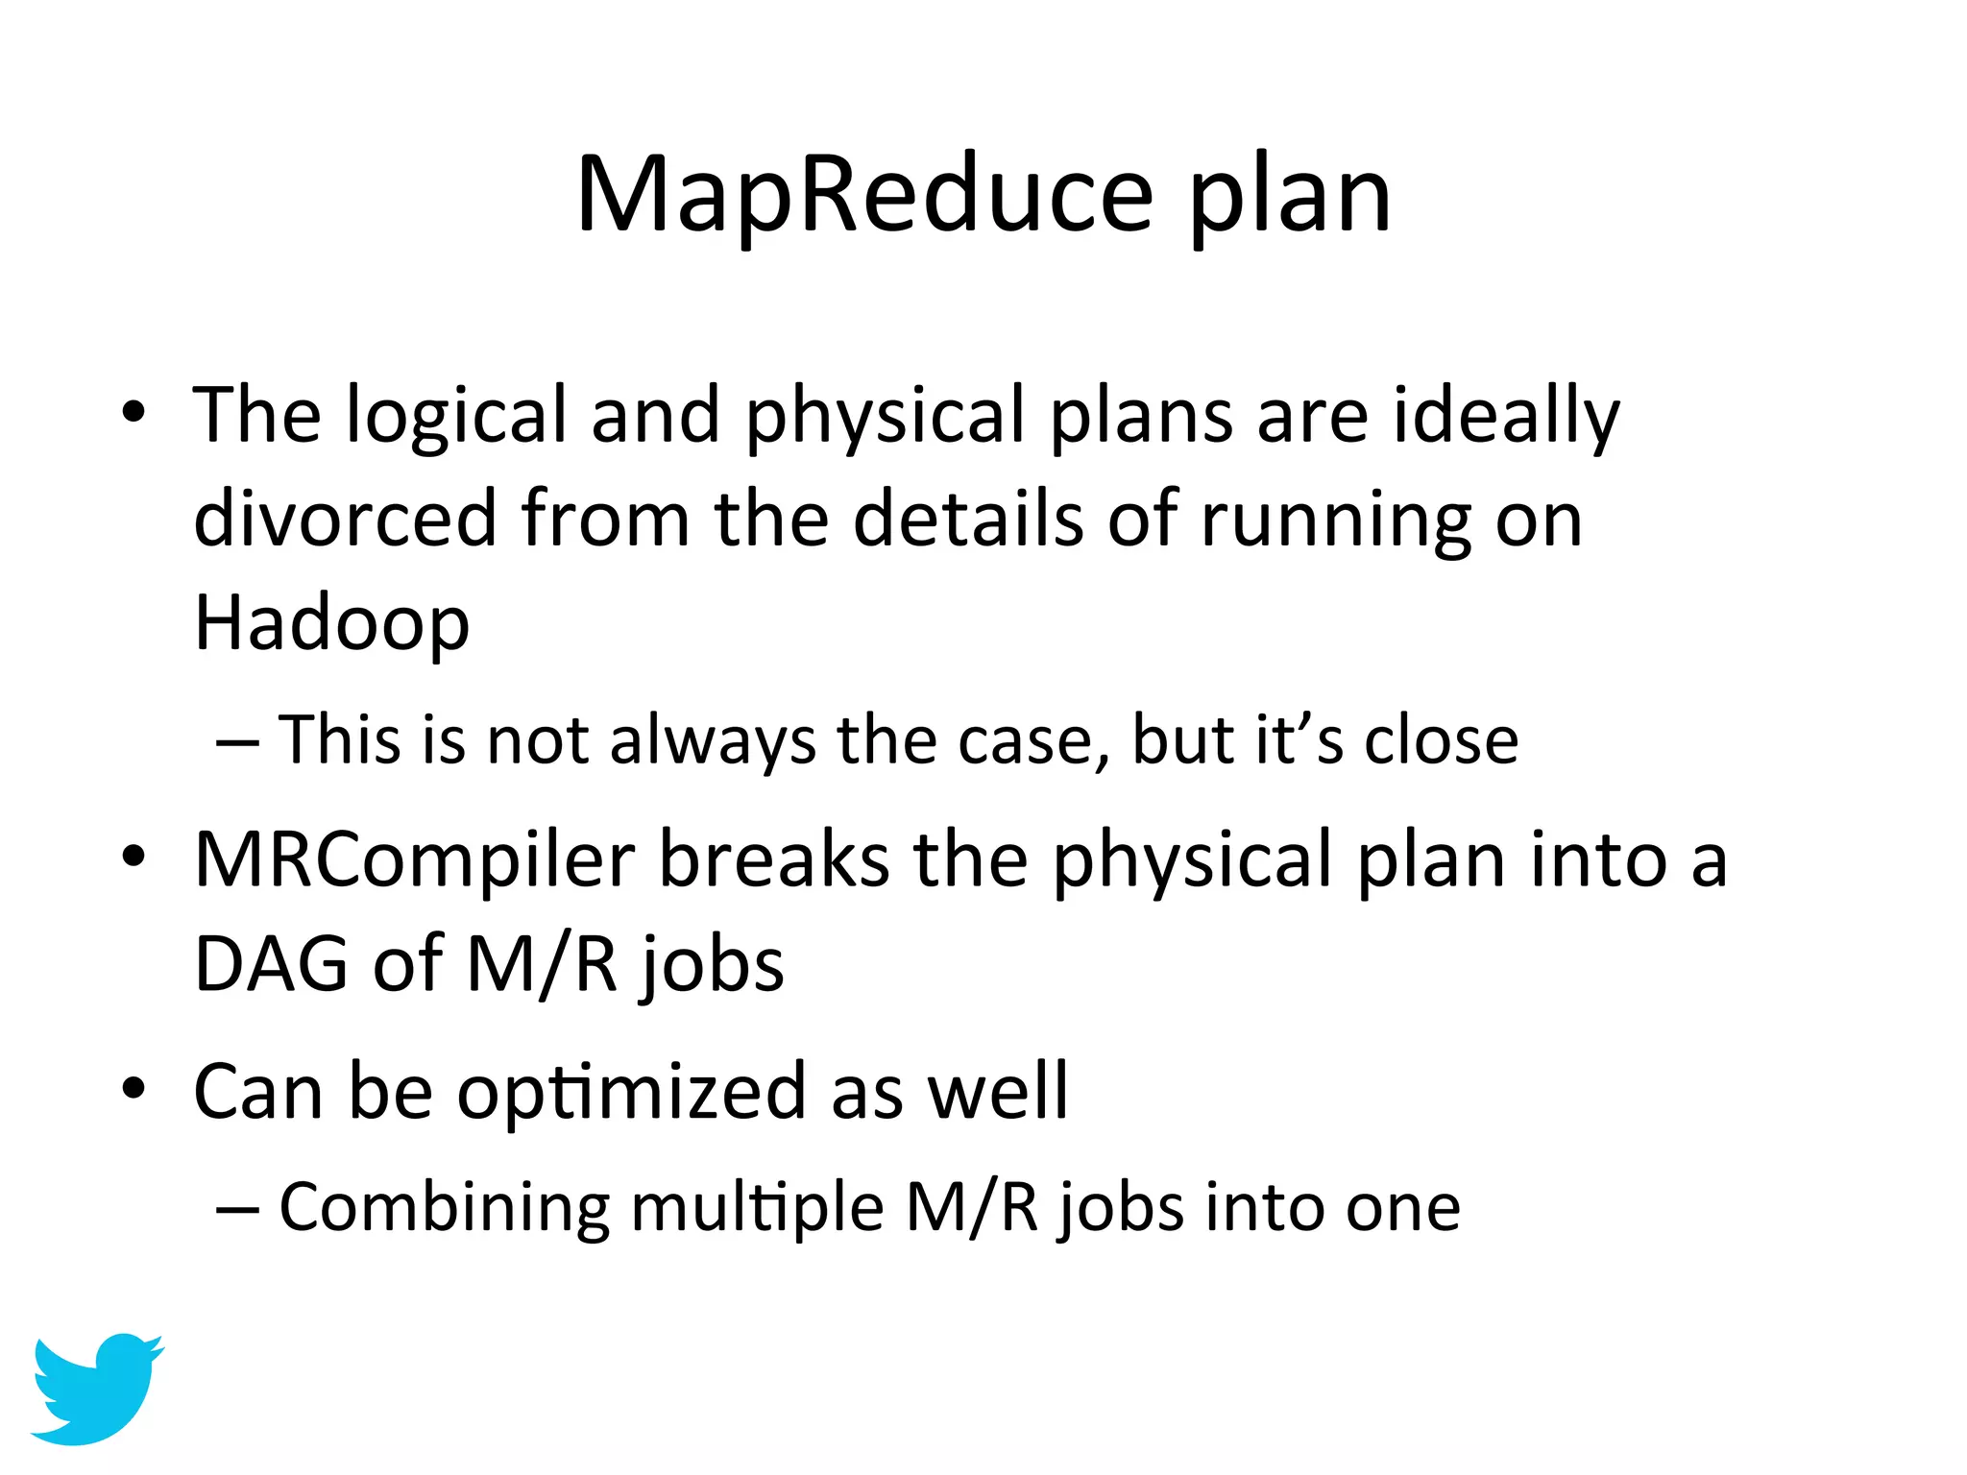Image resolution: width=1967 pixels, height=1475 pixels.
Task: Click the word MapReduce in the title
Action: [x=863, y=196]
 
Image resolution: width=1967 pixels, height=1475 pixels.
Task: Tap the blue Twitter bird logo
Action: [x=96, y=1389]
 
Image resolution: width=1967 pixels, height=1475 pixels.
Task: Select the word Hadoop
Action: [x=331, y=623]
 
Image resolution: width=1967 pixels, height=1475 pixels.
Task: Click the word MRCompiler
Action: [x=414, y=859]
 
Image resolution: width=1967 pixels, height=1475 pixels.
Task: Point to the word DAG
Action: [x=270, y=964]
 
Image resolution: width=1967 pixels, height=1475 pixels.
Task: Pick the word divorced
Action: [x=346, y=520]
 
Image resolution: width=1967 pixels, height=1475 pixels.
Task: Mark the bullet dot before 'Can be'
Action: [x=134, y=1089]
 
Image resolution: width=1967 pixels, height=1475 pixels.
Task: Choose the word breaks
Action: [x=773, y=859]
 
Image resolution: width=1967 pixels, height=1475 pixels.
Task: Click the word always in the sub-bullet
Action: [x=712, y=742]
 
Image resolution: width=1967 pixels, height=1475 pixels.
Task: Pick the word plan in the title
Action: [x=1289, y=198]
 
